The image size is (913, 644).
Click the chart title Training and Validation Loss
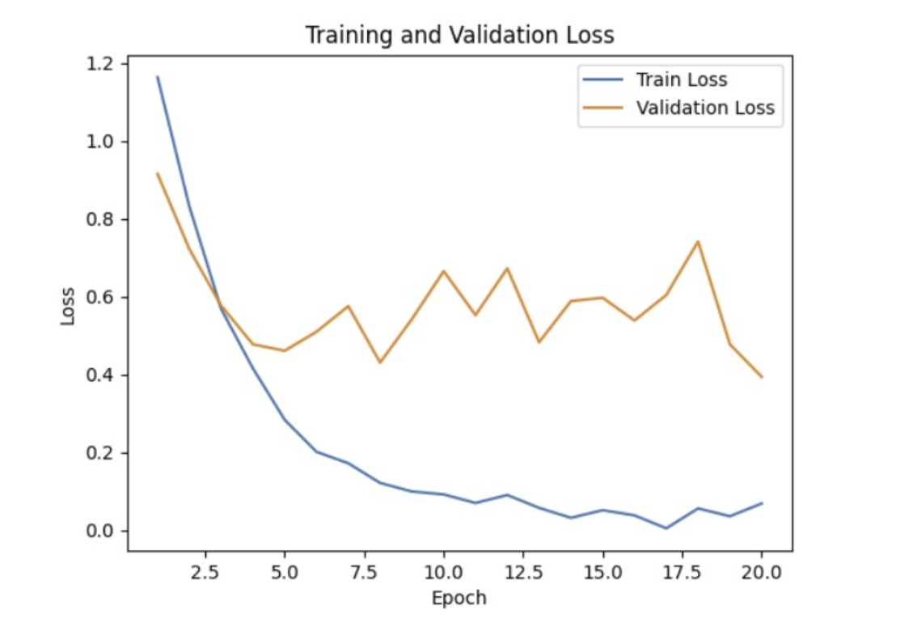pyautogui.click(x=459, y=36)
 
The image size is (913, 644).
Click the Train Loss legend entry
pyautogui.click(x=681, y=79)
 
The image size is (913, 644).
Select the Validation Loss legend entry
pyautogui.click(x=704, y=108)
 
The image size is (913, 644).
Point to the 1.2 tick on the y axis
pyautogui.click(x=104, y=64)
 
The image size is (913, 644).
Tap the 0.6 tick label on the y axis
pyautogui.click(x=104, y=298)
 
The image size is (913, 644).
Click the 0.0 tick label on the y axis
pyautogui.click(x=104, y=532)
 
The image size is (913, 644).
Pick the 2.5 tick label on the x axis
pyautogui.click(x=205, y=573)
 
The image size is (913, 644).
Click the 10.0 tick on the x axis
pyautogui.click(x=443, y=573)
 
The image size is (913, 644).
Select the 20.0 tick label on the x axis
pyautogui.click(x=762, y=573)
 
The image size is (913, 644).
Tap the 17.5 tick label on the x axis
pyautogui.click(x=682, y=573)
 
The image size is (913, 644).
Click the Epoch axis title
pyautogui.click(x=459, y=599)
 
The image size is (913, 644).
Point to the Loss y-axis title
pyautogui.click(x=68, y=307)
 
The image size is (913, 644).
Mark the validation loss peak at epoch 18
pyautogui.click(x=697, y=241)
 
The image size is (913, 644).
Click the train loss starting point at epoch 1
pyautogui.click(x=158, y=77)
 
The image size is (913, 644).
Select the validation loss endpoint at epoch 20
pyautogui.click(x=761, y=377)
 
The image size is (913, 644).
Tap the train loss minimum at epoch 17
pyautogui.click(x=666, y=528)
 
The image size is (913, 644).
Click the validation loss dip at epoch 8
pyautogui.click(x=380, y=362)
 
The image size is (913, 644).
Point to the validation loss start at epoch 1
pyautogui.click(x=158, y=173)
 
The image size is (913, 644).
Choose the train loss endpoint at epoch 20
pyautogui.click(x=761, y=503)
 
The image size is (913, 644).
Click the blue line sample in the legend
pyautogui.click(x=607, y=79)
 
